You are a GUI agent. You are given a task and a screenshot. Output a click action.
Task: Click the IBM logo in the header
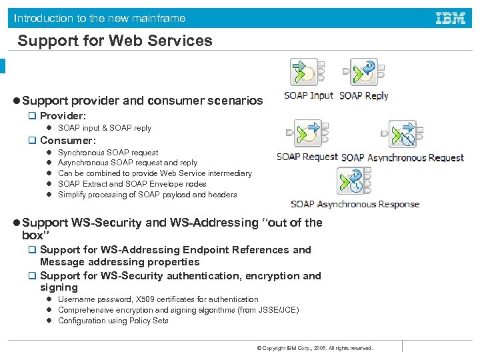point(450,18)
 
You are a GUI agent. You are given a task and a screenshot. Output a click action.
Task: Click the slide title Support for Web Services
point(115,41)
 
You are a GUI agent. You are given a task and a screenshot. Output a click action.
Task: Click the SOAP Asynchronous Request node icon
point(403,134)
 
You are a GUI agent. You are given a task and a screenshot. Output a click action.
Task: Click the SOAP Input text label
point(309,95)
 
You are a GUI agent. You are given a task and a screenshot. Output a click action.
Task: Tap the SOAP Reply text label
point(364,95)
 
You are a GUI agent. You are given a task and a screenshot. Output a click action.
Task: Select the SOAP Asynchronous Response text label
point(355,204)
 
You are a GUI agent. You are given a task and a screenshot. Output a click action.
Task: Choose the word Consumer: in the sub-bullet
point(68,141)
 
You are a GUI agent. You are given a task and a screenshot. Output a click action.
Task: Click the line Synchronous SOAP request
point(108,153)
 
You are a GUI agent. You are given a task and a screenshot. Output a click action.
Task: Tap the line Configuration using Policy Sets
point(113,321)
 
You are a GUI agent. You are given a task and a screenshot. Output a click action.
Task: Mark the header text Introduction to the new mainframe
point(100,18)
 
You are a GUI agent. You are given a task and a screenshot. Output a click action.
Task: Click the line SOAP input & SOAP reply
point(105,128)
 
